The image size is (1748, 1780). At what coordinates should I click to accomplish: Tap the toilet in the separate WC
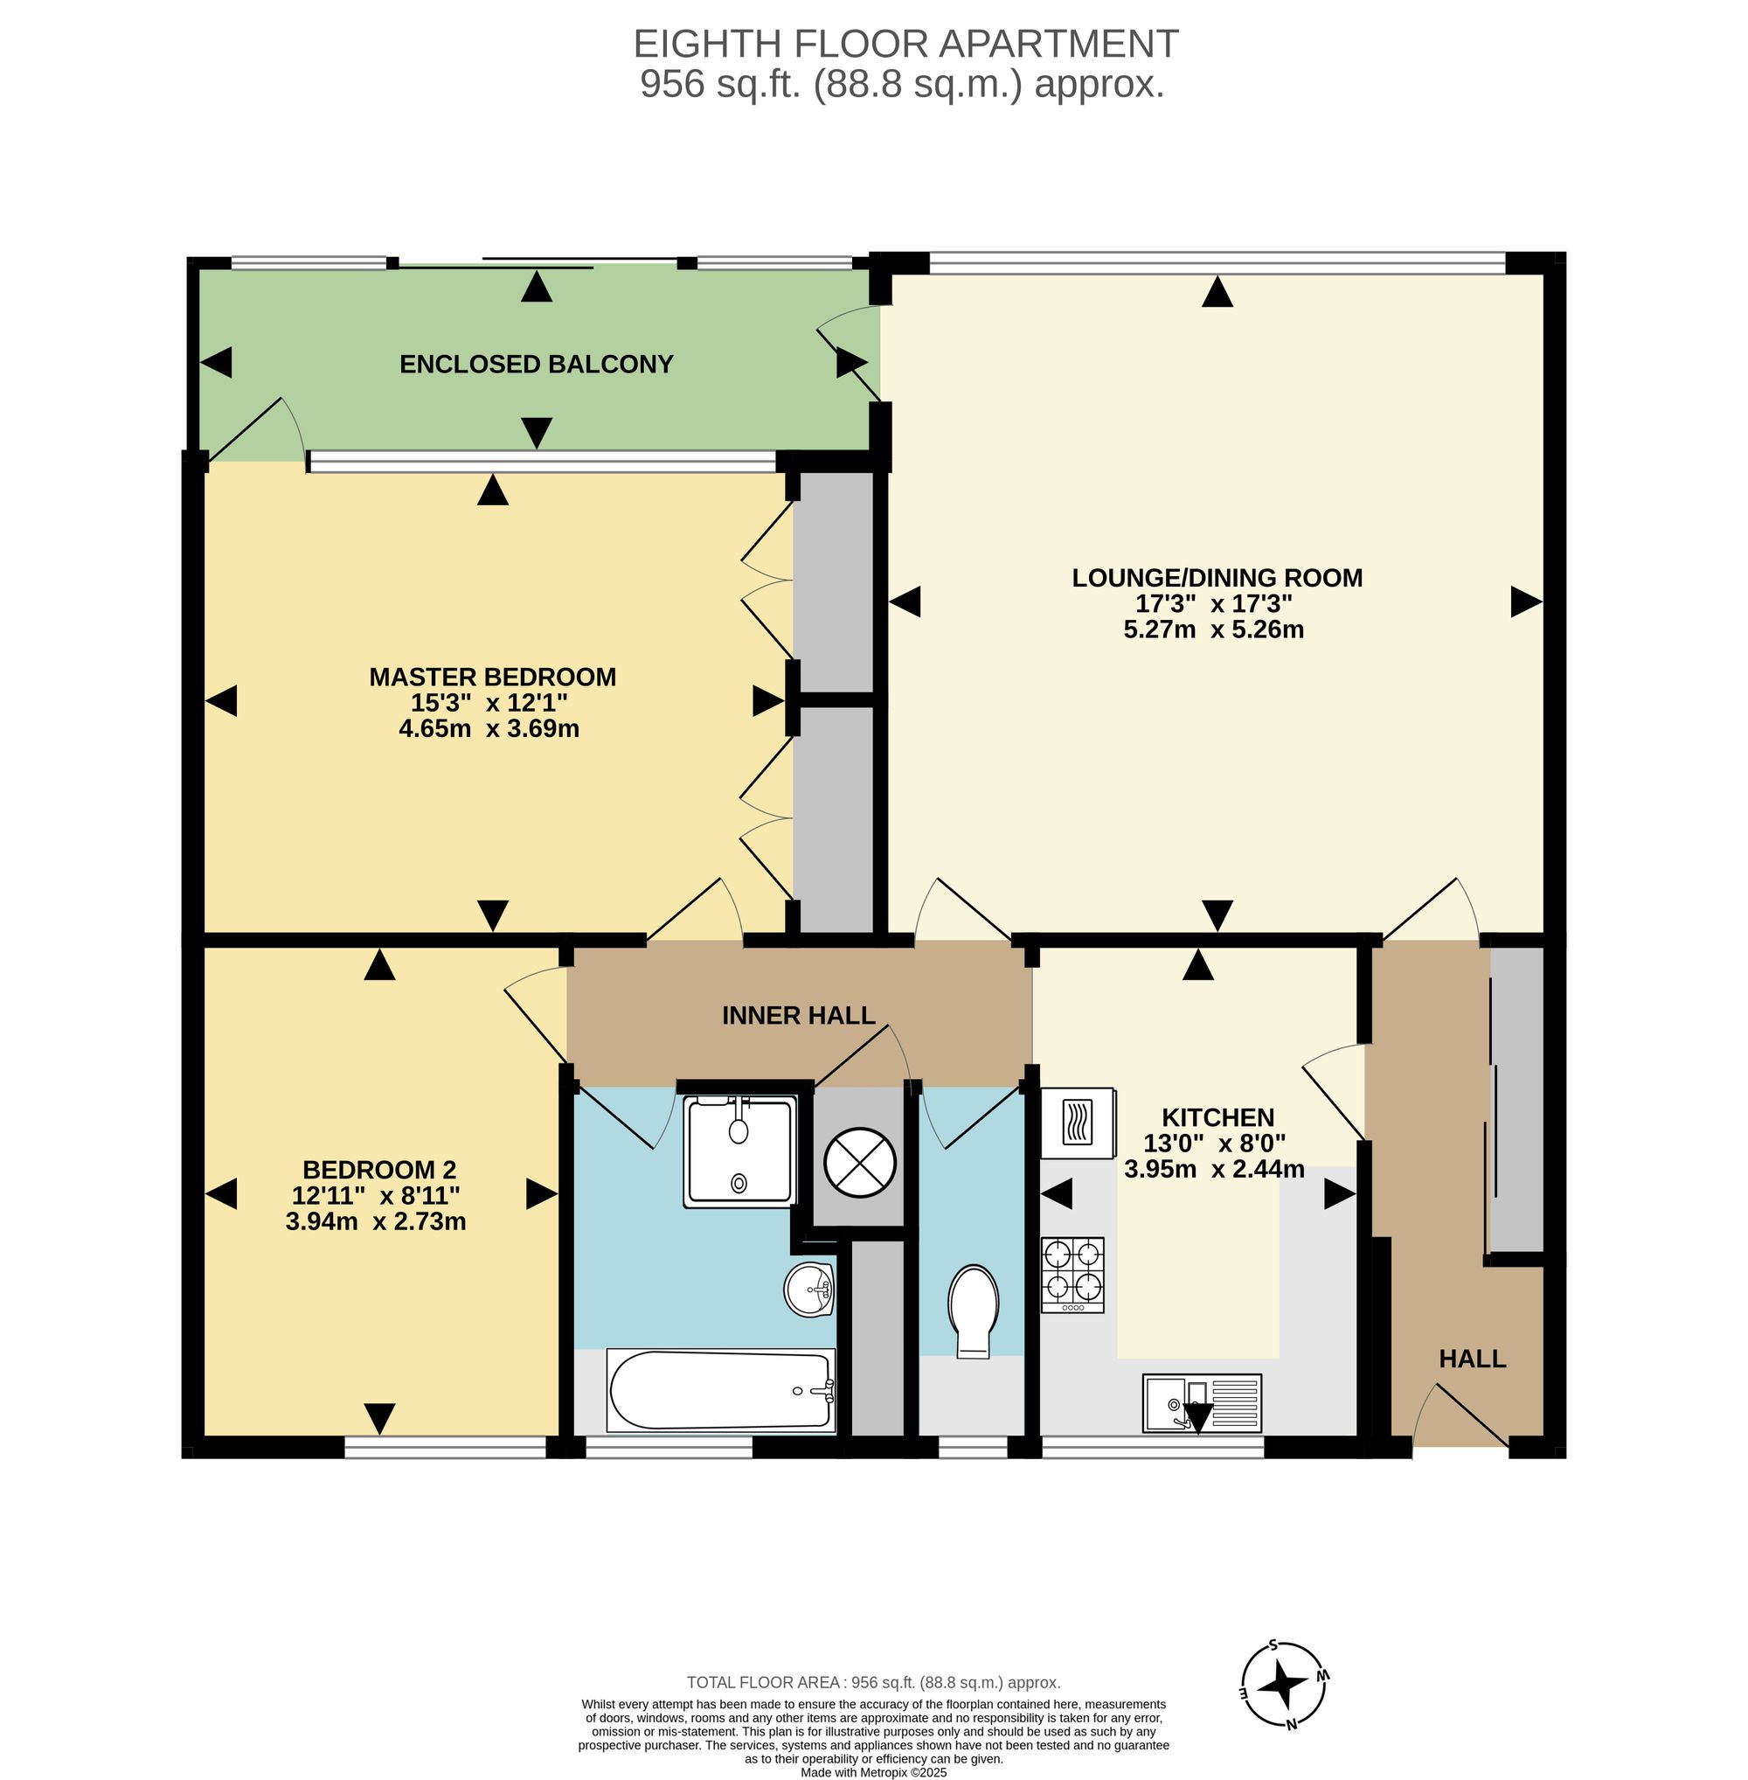point(973,1311)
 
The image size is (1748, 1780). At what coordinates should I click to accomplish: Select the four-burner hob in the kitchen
point(1072,1275)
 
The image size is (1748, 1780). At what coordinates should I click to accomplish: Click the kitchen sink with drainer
point(1202,1402)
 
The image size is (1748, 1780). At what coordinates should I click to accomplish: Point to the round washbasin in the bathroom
point(808,1288)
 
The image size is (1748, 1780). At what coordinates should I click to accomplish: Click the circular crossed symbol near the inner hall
point(859,1163)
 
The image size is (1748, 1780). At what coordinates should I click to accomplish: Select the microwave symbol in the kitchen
point(1078,1123)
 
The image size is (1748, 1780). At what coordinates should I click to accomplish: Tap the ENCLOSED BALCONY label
point(536,365)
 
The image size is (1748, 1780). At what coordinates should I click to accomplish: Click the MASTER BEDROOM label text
point(492,677)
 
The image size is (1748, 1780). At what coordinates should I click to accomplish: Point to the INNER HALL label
point(799,1015)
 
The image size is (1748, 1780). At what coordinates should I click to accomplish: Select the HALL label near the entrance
point(1473,1359)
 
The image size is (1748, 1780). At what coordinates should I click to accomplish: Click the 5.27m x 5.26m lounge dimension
point(1214,629)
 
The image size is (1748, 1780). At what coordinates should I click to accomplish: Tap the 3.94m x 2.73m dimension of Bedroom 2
point(376,1221)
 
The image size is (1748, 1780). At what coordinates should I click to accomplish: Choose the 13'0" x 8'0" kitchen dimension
point(1214,1144)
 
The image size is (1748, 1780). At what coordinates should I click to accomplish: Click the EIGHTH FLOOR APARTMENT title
point(905,44)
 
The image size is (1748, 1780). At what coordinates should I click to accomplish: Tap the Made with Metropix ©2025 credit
point(873,1773)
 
